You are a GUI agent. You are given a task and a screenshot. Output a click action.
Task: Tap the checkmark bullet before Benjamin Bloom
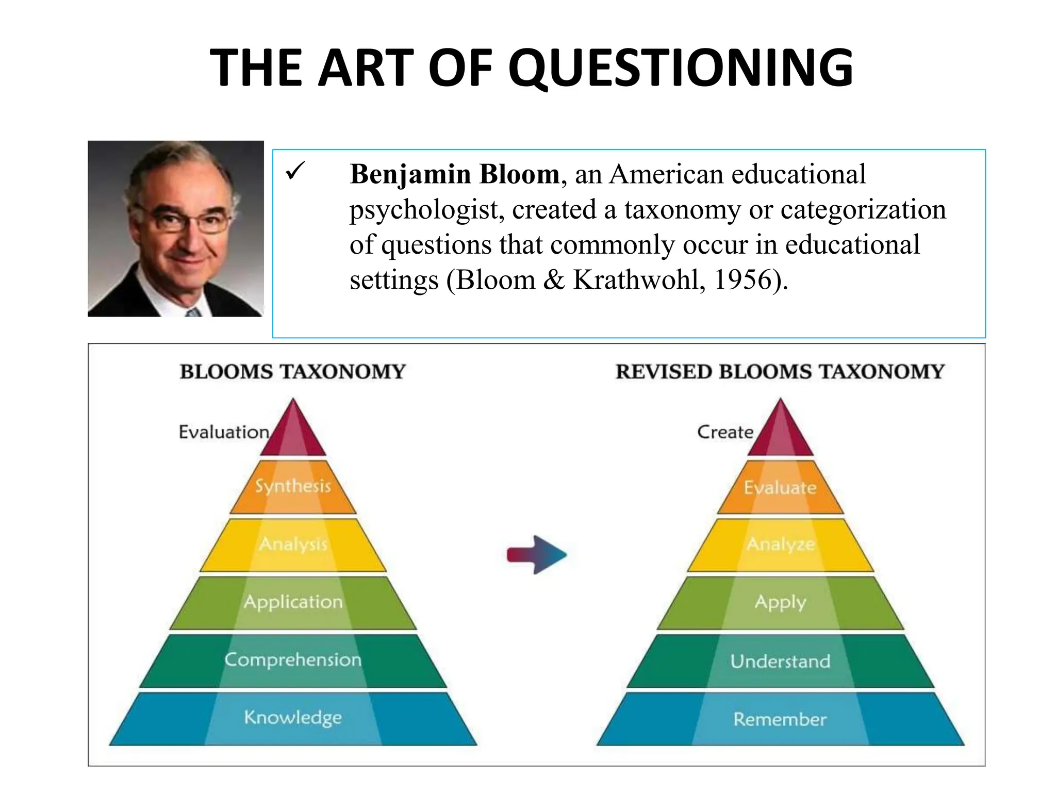295,171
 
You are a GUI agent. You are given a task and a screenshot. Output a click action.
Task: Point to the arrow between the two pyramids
537,555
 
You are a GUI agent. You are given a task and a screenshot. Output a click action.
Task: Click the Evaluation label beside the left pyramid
224,432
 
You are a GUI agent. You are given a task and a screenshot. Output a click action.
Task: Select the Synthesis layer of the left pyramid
293,486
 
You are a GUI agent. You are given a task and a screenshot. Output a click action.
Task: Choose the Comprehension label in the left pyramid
293,660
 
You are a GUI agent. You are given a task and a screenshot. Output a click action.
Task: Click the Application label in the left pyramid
293,602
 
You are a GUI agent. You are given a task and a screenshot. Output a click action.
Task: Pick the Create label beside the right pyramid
725,432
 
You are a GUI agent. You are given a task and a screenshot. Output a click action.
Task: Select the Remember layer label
780,719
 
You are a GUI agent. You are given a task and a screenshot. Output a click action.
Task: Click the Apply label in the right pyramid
780,602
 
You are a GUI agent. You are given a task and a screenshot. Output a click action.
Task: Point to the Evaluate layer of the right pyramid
780,488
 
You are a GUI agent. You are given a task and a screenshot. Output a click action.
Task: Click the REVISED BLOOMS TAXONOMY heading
780,372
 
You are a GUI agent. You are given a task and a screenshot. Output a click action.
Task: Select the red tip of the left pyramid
293,433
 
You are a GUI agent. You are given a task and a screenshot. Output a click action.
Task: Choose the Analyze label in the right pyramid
780,544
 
